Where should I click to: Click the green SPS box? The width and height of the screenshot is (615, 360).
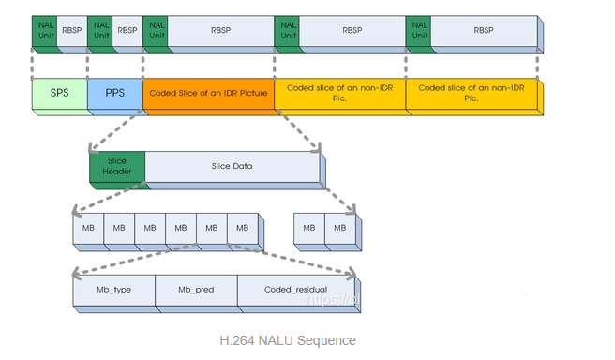[x=59, y=95]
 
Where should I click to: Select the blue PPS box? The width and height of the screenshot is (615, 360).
[x=114, y=95]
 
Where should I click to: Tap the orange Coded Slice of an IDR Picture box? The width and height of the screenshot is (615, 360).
[x=208, y=95]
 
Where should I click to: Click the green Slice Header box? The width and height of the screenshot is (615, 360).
[x=117, y=166]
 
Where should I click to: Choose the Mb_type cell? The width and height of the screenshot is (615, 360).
[x=113, y=291]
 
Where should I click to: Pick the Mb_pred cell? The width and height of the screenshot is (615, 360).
[x=196, y=291]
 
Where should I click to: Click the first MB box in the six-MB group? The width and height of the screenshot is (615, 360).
[x=88, y=228]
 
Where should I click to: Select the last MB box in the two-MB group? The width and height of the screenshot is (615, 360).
[x=339, y=228]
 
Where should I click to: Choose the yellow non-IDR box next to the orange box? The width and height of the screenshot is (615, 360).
[x=339, y=95]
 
